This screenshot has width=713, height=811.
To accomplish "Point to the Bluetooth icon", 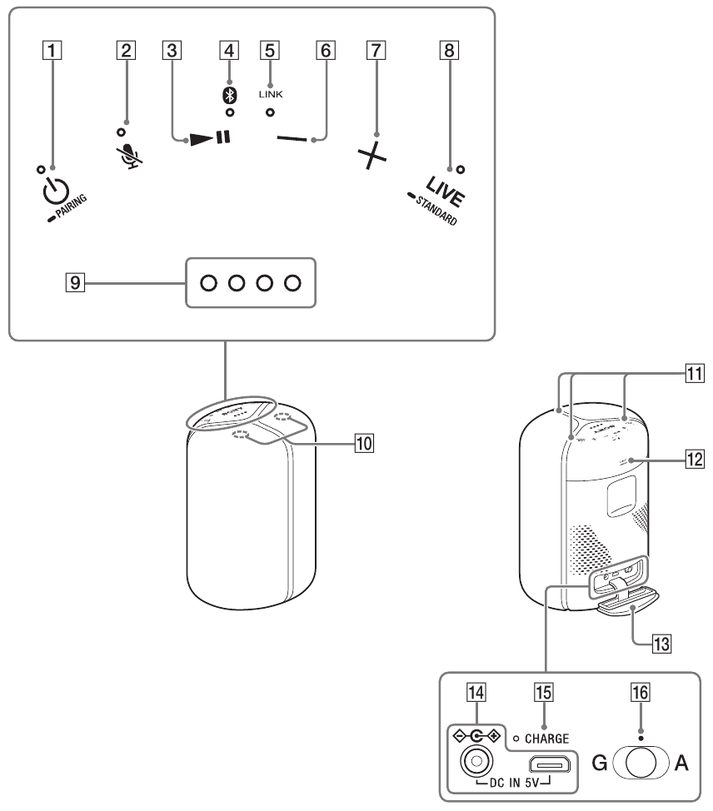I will (x=223, y=96).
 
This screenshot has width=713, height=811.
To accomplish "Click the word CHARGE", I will (x=546, y=738).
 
